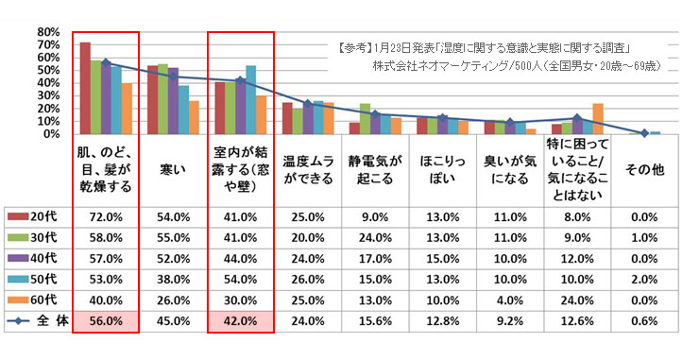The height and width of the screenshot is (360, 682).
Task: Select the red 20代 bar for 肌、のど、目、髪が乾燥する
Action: tap(85, 88)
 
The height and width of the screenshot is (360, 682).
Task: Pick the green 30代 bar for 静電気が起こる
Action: tap(365, 118)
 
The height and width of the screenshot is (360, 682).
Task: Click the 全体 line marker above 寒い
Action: tap(173, 76)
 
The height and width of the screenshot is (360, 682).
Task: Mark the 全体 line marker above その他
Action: tap(644, 132)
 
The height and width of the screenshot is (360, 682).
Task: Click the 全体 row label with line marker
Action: tap(39, 320)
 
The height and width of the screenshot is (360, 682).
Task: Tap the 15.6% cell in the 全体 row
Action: tap(375, 320)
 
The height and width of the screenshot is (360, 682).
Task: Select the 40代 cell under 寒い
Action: tap(173, 258)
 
